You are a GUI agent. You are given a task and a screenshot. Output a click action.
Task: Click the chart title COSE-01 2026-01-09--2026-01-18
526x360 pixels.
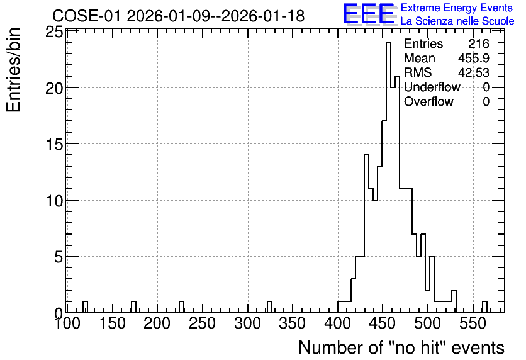coord(179,16)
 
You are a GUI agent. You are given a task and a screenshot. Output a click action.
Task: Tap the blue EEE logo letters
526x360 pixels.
coord(369,14)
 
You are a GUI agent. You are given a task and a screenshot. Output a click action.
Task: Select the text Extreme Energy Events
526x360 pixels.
coord(457,8)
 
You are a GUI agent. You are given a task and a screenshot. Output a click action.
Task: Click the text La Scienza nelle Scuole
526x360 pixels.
coord(457,21)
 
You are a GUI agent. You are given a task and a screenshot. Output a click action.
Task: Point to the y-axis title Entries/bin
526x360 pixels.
coord(13,70)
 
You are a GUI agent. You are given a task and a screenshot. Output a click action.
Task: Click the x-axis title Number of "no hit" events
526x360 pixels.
coord(401,347)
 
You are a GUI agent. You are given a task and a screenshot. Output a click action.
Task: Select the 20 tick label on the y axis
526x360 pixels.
coord(53,88)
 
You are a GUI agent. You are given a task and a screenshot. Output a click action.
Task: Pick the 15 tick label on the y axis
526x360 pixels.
coord(53,144)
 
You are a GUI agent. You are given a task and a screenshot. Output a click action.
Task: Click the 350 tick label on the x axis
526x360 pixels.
coord(293,323)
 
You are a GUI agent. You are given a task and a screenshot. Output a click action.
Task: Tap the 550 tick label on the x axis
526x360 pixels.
coord(473,323)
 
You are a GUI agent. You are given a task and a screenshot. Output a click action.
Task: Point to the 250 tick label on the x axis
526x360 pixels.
coord(202,323)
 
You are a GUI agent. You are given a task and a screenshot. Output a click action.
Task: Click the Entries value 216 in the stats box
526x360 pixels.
coord(479,43)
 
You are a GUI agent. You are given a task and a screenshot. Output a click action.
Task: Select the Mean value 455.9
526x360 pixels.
coord(474,58)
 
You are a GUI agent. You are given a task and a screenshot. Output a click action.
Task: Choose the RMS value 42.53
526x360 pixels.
coord(474,72)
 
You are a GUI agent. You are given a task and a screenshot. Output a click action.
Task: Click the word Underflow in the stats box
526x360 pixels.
coord(432,87)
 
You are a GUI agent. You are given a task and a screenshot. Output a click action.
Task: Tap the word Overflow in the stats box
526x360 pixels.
coord(428,101)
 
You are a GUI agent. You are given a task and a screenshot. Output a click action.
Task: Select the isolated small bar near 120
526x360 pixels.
coord(85,307)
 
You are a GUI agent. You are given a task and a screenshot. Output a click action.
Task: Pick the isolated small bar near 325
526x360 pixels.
coord(270,307)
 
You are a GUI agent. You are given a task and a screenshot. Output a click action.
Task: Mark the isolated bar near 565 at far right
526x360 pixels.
coord(484,307)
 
